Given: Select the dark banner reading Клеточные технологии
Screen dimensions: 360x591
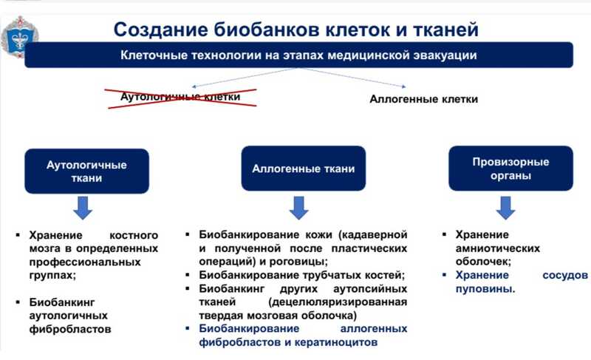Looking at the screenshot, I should coord(298,55).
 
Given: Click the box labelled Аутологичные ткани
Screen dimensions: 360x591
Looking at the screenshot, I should coord(86,171).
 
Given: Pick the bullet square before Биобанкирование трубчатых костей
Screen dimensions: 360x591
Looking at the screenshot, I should coord(190,276).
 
